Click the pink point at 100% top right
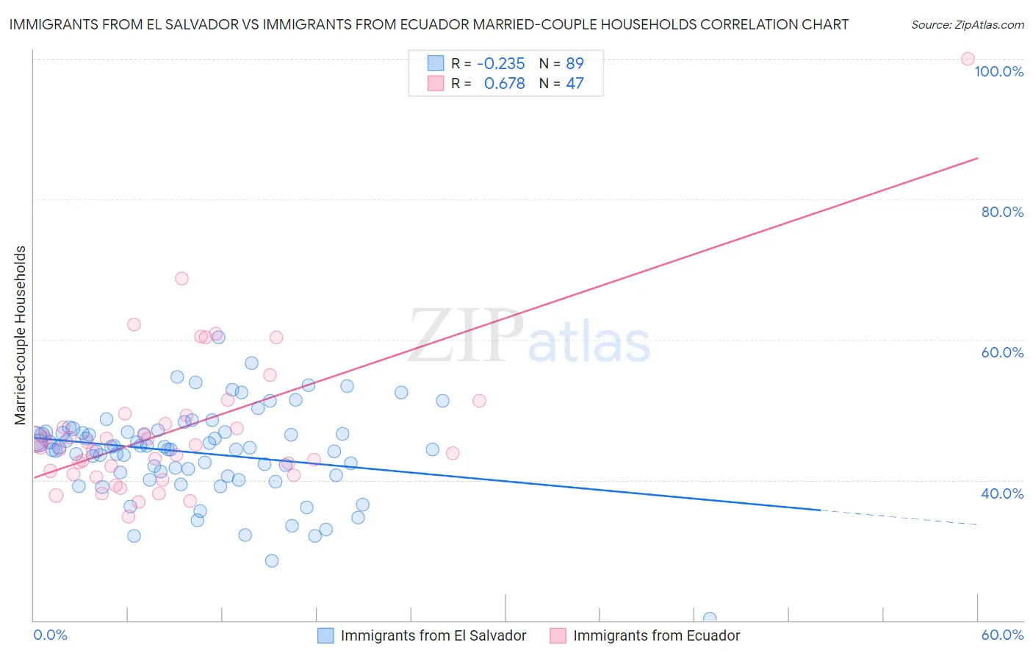tap(968, 59)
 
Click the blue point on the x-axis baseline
tap(710, 618)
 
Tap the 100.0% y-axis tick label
tap(998, 71)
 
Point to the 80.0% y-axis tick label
tap(1002, 212)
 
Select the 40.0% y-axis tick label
tap(1002, 493)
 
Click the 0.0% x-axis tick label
tap(50, 635)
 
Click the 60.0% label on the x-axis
tap(1002, 635)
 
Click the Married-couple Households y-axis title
tap(21, 335)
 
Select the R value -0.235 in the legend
tap(500, 63)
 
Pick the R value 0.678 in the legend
tap(504, 84)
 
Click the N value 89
tap(575, 63)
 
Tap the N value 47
tap(575, 84)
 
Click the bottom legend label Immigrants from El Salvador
tap(433, 635)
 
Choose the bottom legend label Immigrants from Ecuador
tap(656, 635)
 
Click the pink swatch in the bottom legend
tap(558, 635)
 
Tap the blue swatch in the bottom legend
tap(325, 635)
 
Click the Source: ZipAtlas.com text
tap(967, 25)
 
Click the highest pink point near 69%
tap(181, 279)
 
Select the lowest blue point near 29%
tap(272, 560)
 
